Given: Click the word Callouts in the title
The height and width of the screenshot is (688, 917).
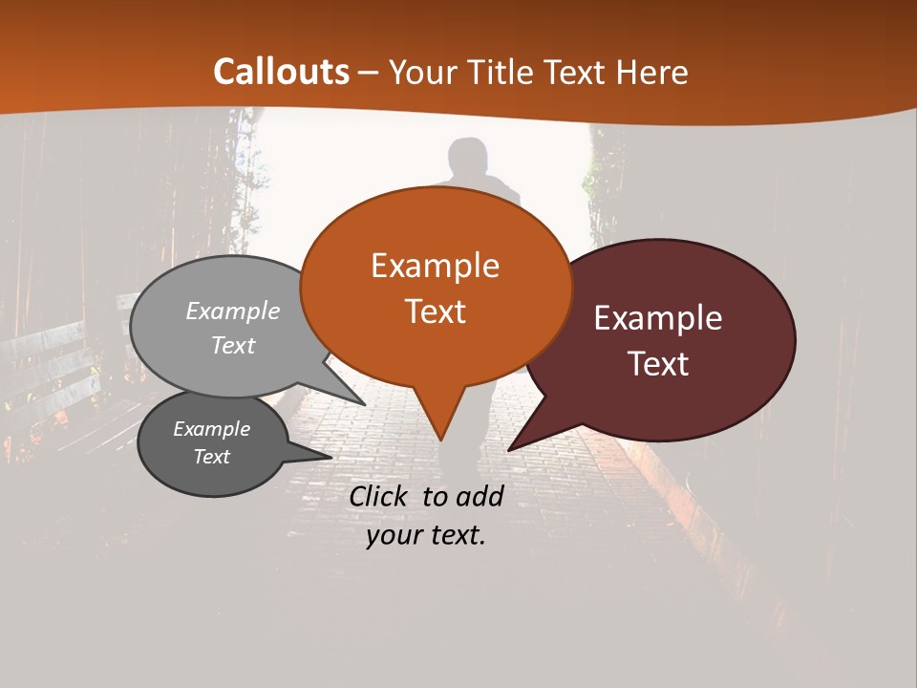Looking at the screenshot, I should tap(281, 72).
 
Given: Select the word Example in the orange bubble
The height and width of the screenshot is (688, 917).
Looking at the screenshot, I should tap(435, 266).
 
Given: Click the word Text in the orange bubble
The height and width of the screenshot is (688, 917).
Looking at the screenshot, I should tap(435, 312).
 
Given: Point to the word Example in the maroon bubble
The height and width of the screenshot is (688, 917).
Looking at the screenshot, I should tap(658, 318).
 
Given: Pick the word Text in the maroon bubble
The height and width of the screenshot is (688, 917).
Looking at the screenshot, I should tap(658, 364).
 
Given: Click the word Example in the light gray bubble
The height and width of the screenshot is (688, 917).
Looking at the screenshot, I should tap(233, 311).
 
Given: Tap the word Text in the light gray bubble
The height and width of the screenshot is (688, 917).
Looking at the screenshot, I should tap(233, 345).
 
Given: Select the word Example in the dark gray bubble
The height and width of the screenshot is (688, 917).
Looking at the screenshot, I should tap(211, 429).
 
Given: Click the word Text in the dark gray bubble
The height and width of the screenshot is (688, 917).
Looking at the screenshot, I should tap(211, 457).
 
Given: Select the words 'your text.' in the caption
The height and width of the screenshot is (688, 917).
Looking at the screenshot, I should tap(426, 535).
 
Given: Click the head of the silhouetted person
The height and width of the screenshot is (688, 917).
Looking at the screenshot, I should tap(467, 156).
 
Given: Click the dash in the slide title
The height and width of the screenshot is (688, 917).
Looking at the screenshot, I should tap(369, 73).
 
